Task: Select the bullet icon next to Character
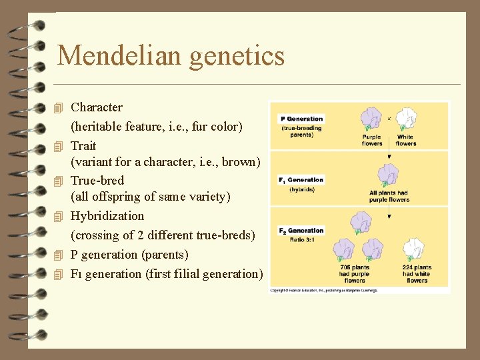(x=59, y=107)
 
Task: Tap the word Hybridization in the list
(x=107, y=216)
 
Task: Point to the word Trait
(x=83, y=145)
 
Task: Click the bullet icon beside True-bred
(x=59, y=181)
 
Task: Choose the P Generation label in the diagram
(x=301, y=119)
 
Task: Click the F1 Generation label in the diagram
(x=301, y=180)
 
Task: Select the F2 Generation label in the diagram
(x=301, y=231)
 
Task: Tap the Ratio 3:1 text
(x=301, y=239)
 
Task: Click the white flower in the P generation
(x=405, y=120)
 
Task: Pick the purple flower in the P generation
(x=371, y=120)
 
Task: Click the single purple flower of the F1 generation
(x=388, y=176)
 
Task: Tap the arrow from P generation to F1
(x=389, y=153)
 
